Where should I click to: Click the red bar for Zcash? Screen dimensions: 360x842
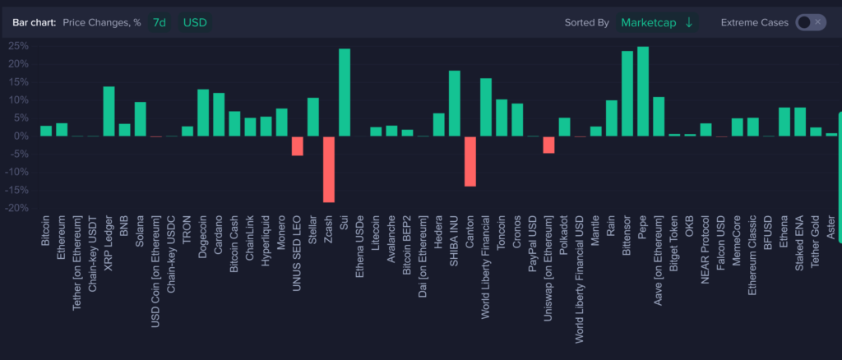(328, 168)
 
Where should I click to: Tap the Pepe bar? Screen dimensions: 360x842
(642, 91)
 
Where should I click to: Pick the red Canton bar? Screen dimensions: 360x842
(470, 161)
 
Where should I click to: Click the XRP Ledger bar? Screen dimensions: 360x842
(109, 111)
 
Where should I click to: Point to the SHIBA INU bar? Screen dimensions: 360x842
(454, 104)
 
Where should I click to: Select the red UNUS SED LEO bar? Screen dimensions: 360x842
(297, 145)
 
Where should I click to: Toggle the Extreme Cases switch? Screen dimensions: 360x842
(810, 22)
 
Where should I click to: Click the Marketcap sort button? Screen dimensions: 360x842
(656, 22)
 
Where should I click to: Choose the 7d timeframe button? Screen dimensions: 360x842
(159, 22)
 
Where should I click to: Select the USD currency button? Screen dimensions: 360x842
(195, 22)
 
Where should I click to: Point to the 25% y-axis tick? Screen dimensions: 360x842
(18, 46)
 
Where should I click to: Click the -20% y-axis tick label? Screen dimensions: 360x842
(16, 208)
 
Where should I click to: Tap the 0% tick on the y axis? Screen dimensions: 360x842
(21, 136)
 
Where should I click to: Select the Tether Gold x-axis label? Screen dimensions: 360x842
(817, 243)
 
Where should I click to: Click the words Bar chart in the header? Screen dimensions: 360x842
(34, 22)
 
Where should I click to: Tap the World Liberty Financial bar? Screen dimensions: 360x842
(486, 107)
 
